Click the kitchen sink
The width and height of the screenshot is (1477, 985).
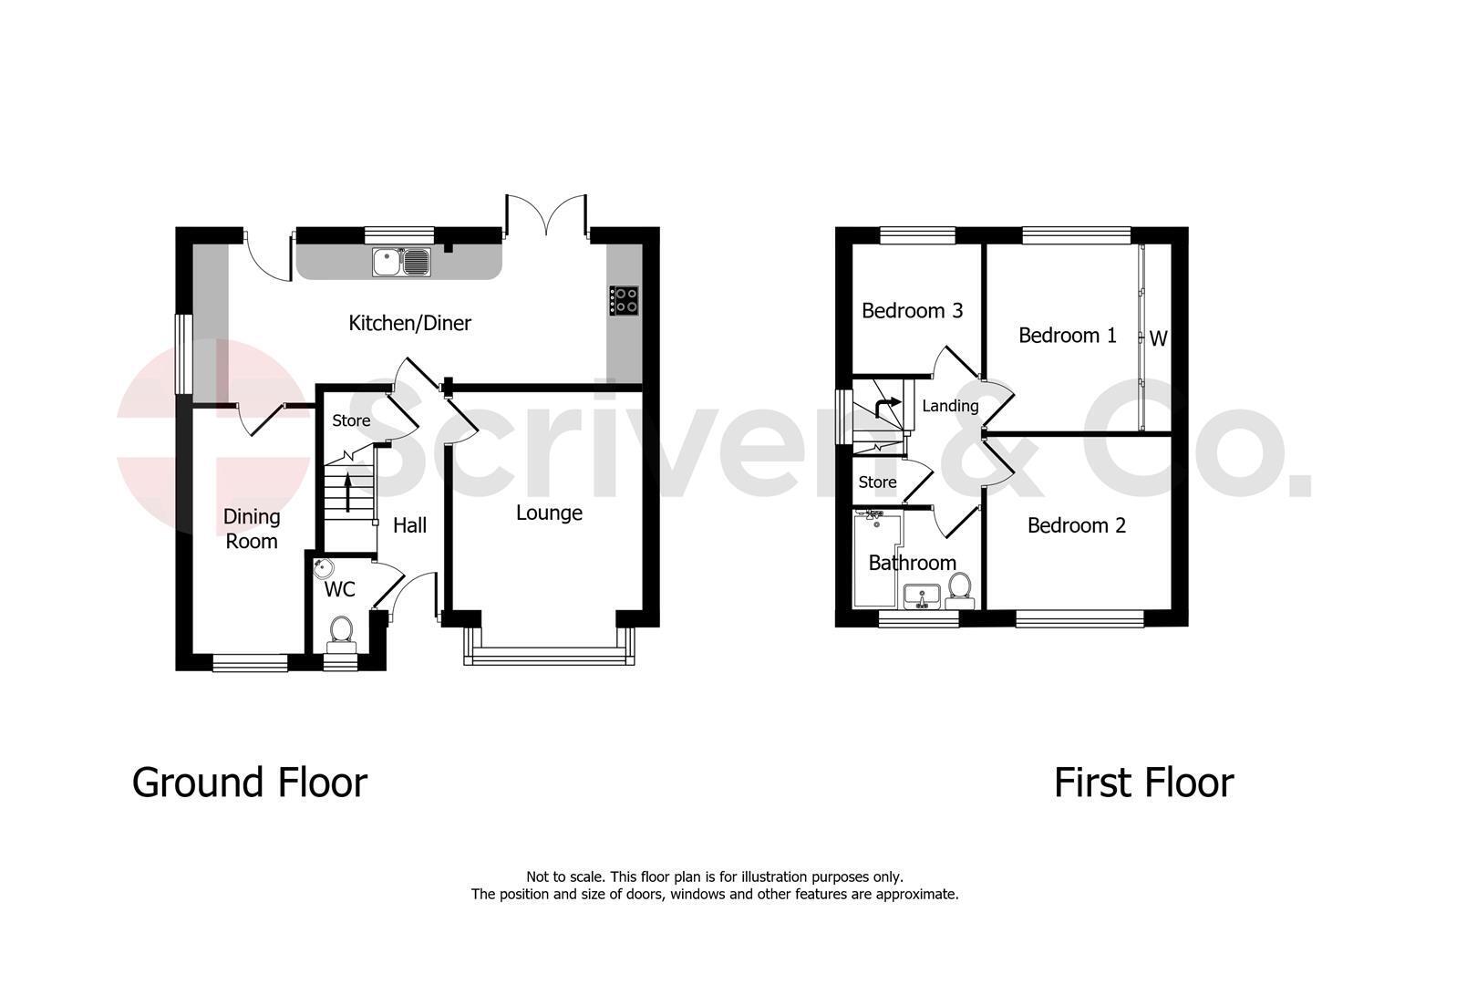401,262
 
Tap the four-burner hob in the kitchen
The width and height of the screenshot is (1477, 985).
624,301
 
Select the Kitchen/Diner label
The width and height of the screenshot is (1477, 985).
409,323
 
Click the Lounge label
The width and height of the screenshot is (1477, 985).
549,513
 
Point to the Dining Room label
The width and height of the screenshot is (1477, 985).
252,529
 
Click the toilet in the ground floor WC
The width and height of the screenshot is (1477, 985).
341,635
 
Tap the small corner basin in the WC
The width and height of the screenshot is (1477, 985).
323,567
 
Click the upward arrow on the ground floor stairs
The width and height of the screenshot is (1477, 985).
348,493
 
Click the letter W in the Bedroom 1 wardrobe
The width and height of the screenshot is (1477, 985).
1159,338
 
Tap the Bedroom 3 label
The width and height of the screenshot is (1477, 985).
912,310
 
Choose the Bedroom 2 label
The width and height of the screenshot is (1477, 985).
1076,525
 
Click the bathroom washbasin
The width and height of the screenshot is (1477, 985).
921,596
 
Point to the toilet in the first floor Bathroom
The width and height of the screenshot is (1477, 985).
959,590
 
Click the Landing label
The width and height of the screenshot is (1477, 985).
949,406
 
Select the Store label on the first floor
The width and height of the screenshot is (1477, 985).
877,482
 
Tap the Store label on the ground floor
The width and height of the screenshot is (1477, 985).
351,421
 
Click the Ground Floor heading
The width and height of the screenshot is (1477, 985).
249,783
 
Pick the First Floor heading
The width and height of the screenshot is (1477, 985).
1143,783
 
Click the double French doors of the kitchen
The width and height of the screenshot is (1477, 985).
546,214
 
